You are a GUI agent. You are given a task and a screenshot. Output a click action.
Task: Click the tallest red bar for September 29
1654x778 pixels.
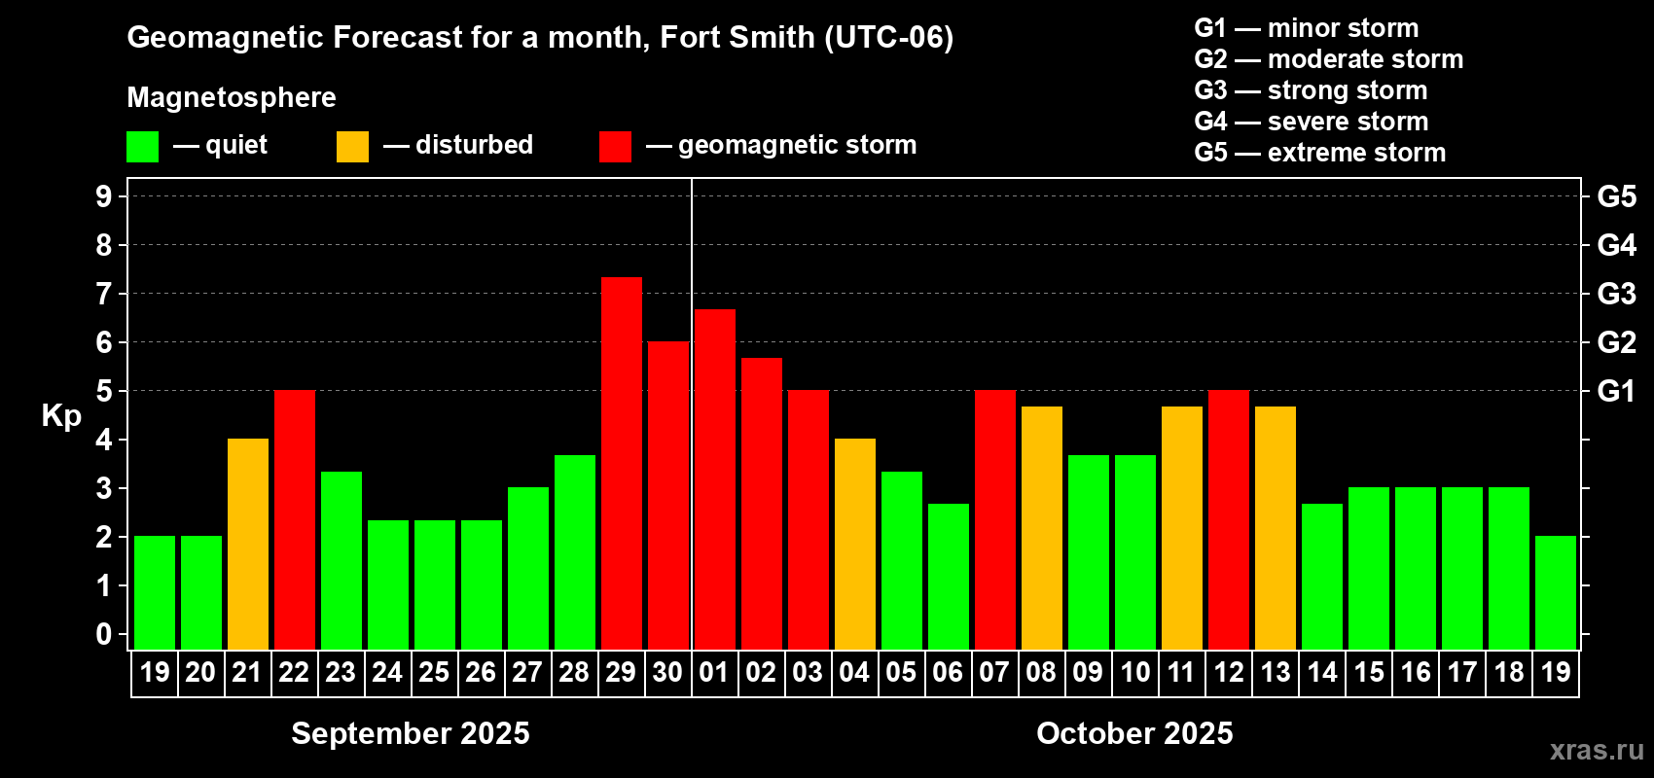[621, 463]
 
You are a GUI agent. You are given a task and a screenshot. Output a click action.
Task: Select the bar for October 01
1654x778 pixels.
[714, 479]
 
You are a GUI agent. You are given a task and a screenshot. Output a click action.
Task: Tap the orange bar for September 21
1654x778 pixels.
[247, 544]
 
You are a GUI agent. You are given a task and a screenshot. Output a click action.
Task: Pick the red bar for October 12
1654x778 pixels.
[1228, 519]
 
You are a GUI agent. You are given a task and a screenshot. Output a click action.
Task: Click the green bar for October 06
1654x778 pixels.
[948, 576]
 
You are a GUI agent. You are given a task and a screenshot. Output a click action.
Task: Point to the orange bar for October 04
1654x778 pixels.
[854, 544]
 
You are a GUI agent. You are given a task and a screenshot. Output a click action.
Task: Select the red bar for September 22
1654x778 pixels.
[294, 519]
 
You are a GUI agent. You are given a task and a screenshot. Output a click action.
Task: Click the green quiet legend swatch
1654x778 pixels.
[142, 147]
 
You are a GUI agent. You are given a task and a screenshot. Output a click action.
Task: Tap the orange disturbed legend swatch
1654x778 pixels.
[352, 147]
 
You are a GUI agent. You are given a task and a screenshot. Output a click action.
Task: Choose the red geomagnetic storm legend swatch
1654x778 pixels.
[615, 147]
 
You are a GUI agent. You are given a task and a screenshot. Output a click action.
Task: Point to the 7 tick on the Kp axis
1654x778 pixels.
[104, 294]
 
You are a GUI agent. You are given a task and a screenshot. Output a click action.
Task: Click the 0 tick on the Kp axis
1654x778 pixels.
[104, 634]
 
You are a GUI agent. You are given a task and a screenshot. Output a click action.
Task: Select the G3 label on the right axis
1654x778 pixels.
[1616, 294]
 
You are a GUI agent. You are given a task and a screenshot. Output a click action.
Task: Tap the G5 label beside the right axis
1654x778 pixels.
[1616, 196]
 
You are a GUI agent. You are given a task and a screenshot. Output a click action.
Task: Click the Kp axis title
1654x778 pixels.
[61, 415]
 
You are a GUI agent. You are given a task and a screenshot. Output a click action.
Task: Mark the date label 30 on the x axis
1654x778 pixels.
[667, 672]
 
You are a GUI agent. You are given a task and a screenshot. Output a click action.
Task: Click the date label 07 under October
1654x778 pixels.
[994, 672]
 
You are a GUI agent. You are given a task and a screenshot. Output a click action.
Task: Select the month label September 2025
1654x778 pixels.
[411, 733]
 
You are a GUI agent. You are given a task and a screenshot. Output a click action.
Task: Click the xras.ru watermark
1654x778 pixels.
[1597, 749]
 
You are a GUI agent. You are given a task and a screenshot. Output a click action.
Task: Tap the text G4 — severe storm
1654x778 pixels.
[1311, 122]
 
